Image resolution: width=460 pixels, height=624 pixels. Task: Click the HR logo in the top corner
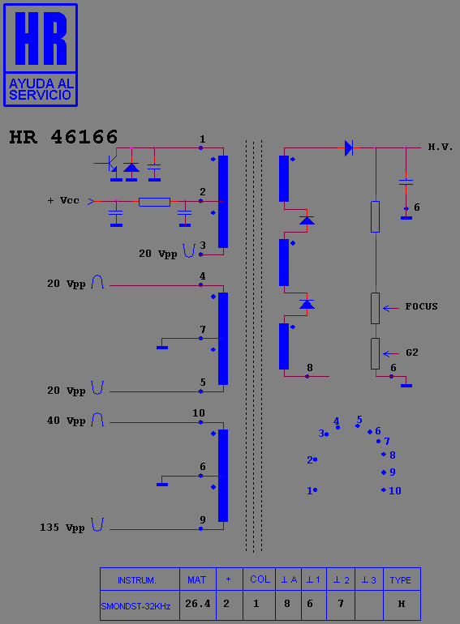41,55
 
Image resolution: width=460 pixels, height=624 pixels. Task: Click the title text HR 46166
63,137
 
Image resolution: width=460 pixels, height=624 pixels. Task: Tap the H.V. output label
440,147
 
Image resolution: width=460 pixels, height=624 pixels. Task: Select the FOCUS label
421,306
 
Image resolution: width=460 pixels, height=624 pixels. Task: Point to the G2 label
412,353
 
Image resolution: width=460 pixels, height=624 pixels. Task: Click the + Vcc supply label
63,200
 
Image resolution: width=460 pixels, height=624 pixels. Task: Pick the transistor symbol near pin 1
110,163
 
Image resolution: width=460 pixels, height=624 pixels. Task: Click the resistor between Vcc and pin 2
154,202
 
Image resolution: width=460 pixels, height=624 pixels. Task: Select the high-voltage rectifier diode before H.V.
349,148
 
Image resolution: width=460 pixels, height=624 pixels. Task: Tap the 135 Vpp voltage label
62,528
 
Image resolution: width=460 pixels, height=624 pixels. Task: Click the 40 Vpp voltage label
66,421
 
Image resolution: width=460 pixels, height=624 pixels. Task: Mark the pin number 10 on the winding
198,413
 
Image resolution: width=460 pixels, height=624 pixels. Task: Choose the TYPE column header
402,579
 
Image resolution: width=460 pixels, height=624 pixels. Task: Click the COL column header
260,579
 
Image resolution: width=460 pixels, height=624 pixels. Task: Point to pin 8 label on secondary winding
309,368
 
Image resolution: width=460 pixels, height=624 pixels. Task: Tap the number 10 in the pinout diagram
394,490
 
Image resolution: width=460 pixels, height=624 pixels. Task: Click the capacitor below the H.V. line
406,182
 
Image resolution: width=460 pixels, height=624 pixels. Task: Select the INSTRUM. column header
136,579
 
